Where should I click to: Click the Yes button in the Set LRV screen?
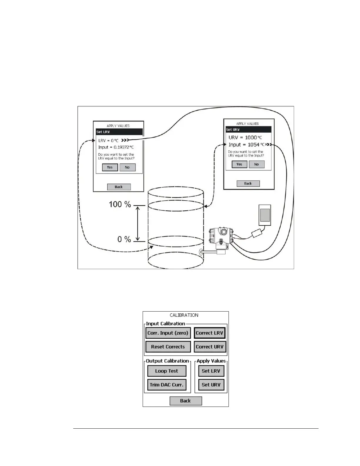pos(110,167)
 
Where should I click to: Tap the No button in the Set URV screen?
pos(256,164)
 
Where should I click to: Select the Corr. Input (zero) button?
pos(168,333)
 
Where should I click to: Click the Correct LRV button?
pos(210,333)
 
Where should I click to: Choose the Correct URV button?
pos(210,347)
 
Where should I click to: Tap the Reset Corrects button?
pos(168,347)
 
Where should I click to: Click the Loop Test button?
pos(166,371)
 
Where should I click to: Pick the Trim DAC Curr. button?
pos(166,385)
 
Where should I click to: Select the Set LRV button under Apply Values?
pos(211,371)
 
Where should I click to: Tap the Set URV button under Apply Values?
pos(211,385)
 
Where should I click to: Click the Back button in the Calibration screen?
pos(186,401)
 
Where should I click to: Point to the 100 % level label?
pos(120,204)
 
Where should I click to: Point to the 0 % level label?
pos(124,239)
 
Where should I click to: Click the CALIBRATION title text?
pos(184,315)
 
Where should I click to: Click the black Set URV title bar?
pos(249,129)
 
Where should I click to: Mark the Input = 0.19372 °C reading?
pos(116,147)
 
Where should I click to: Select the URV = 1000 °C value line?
pos(245,137)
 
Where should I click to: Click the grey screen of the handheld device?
pos(265,215)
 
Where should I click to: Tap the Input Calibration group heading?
pos(165,324)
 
